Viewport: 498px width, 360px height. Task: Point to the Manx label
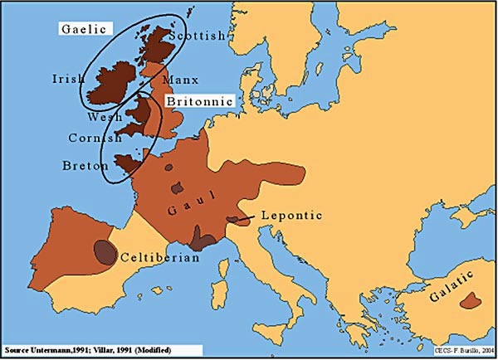click(x=181, y=80)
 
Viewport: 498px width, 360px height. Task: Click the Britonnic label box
click(x=199, y=100)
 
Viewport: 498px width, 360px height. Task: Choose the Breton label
click(x=85, y=166)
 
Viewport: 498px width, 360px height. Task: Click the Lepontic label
click(x=290, y=216)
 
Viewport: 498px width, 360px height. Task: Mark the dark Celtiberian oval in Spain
click(x=105, y=251)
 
